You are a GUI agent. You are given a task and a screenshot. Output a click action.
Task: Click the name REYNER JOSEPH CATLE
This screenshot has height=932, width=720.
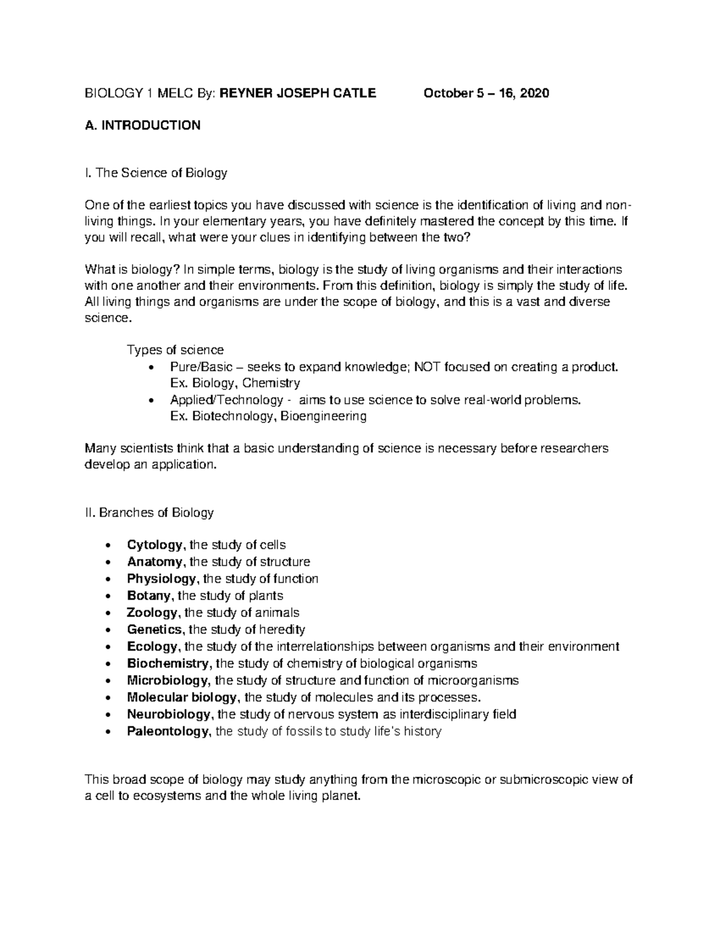[298, 93]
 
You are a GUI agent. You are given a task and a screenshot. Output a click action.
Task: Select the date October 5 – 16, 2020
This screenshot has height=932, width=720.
[486, 93]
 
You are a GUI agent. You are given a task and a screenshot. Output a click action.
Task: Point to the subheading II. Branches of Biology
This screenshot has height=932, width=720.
[149, 513]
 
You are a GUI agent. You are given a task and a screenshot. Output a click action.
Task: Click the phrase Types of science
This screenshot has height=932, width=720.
[175, 350]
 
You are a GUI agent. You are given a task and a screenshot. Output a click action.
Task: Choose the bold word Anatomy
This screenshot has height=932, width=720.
[154, 562]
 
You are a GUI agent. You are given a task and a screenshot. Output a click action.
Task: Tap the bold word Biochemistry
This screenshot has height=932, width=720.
[168, 663]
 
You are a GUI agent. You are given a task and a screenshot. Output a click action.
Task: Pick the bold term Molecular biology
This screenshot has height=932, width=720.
[182, 697]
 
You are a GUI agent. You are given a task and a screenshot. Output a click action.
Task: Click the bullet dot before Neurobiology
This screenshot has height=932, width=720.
[107, 715]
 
